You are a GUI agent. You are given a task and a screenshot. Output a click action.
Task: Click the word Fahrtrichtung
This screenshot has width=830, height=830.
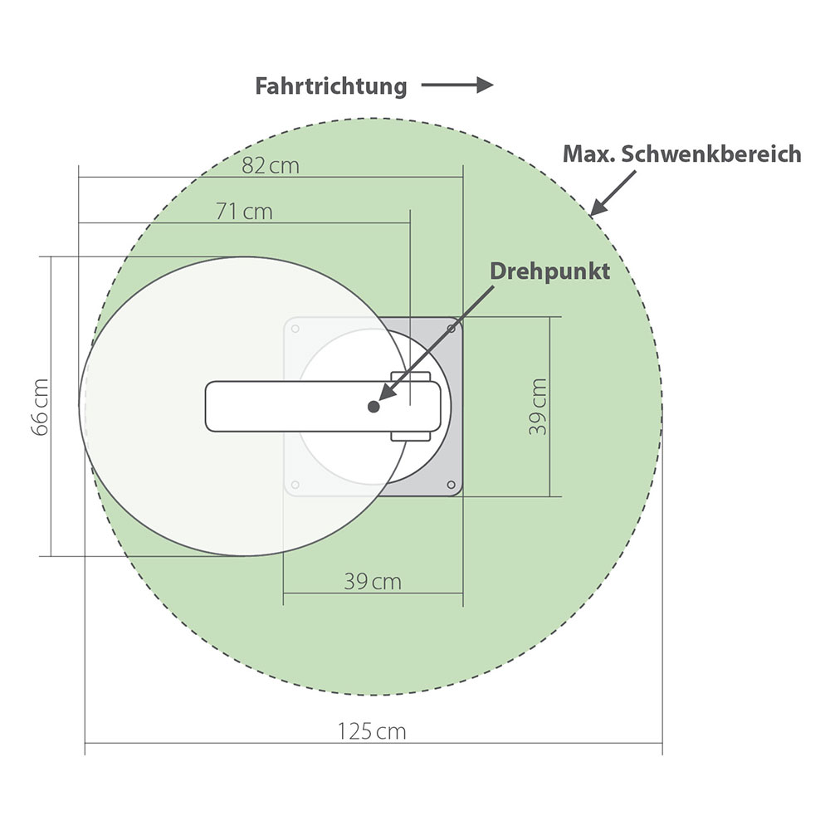tap(331, 86)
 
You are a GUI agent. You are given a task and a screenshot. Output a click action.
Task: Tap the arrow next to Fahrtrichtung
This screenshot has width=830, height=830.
tap(457, 85)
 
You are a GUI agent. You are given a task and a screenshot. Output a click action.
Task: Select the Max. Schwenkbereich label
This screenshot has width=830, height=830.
tap(681, 154)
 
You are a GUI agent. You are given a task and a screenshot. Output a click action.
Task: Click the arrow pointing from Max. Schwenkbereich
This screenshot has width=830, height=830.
tap(613, 193)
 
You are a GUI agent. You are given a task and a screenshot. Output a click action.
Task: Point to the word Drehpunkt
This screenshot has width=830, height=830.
tap(549, 271)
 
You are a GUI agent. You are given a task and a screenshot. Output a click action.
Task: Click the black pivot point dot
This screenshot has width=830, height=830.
tap(373, 407)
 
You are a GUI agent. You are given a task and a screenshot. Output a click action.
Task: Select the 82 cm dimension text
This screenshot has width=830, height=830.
tap(271, 166)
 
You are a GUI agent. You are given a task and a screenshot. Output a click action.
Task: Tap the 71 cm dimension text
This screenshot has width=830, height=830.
tap(244, 212)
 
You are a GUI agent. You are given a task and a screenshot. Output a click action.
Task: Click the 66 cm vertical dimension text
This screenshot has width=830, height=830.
tap(40, 407)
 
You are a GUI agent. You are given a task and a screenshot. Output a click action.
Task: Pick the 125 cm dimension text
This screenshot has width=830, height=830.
tap(372, 731)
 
